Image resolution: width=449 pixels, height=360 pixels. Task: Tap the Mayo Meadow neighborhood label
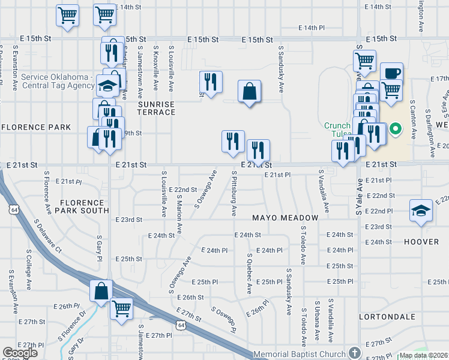pos(285,217)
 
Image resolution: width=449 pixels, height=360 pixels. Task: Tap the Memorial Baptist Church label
pos(300,354)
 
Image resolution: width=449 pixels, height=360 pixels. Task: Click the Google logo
pos(20,353)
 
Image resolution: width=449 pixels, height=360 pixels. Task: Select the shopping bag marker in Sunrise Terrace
pos(249,91)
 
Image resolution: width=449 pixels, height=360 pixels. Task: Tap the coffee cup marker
pos(391,73)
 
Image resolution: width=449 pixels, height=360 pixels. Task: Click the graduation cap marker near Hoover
pos(421,211)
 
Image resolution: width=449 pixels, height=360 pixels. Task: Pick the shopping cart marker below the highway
pos(122,308)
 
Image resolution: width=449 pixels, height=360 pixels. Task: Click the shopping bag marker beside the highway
pos(101,291)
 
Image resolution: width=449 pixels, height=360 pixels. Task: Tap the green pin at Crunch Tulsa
pos(396,128)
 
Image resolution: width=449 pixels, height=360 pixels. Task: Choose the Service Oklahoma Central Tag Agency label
pos(57,81)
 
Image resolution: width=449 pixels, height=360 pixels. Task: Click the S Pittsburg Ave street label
pos(233,193)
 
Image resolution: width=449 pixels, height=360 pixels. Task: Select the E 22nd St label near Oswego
pos(183,190)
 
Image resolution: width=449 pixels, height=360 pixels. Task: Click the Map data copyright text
pos(424,355)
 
